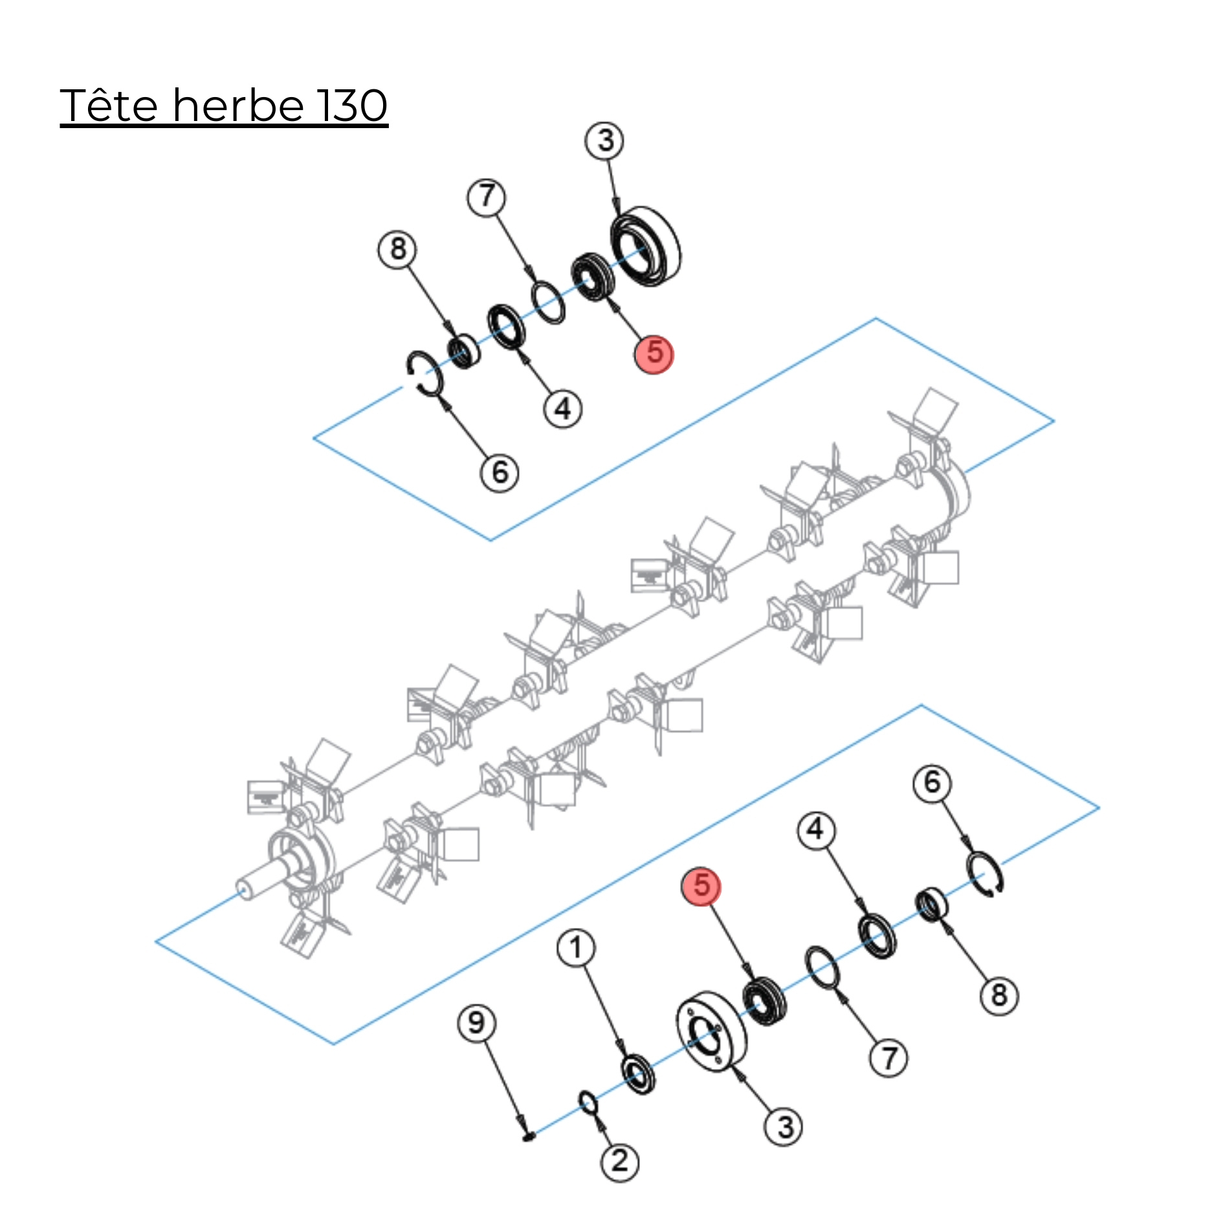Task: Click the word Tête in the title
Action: [109, 105]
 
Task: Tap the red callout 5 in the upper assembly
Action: [654, 354]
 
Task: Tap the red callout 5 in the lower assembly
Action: [701, 886]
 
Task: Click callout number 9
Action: [476, 1023]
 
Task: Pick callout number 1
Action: [576, 948]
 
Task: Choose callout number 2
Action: [620, 1162]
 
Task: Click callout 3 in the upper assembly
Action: [605, 141]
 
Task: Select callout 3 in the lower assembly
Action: [784, 1127]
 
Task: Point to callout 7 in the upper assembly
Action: [487, 197]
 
